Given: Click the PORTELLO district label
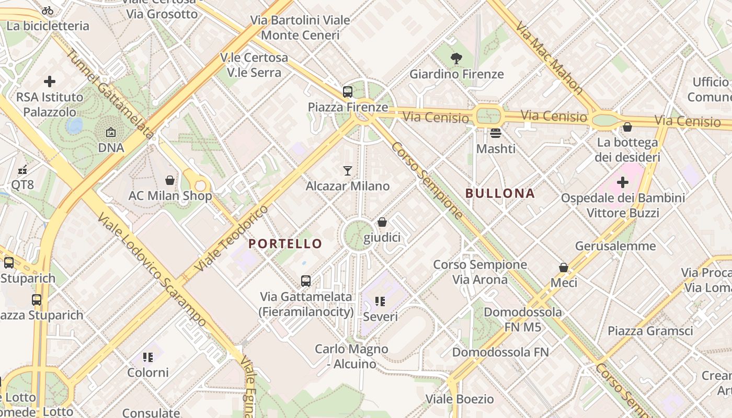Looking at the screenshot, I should pos(285,243).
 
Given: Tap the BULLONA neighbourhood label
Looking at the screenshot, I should pos(500,193).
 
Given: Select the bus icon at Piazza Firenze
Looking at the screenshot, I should pos(348,92).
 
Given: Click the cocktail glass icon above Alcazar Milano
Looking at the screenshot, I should pos(348,170).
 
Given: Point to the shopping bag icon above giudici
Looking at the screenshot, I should pos(382,222).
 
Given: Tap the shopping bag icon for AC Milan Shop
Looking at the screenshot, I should pos(170,180).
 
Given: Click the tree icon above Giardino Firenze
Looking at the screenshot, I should pos(456,58).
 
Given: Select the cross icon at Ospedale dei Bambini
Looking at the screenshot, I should pos(622,182).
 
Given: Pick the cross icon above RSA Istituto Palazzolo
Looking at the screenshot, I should pos(50,82).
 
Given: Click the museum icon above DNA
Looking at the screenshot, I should pos(111,133).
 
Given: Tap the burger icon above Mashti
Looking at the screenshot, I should pos(496,133).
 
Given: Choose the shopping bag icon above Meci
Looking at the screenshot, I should pos(564,268).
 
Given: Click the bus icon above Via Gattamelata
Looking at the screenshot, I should pos(306,281).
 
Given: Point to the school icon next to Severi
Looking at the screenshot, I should pos(380,301).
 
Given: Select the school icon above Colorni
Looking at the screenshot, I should pos(148,357).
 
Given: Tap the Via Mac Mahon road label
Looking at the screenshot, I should pos(549,58).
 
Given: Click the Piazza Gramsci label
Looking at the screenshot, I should pos(650,331).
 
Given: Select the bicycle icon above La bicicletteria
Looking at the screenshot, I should pos(48,10).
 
